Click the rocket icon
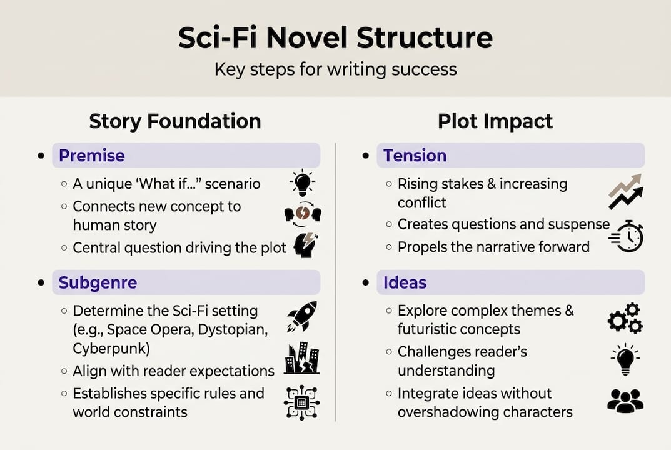(302, 317)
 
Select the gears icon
(625, 319)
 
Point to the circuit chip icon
(301, 402)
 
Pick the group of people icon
(625, 401)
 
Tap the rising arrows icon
(625, 191)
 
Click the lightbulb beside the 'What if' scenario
(303, 183)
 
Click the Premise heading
(92, 156)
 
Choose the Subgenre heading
(98, 282)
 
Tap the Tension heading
(415, 156)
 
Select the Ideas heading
(405, 282)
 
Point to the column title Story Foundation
(175, 121)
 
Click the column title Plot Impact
(495, 121)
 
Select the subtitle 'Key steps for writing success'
(335, 69)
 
